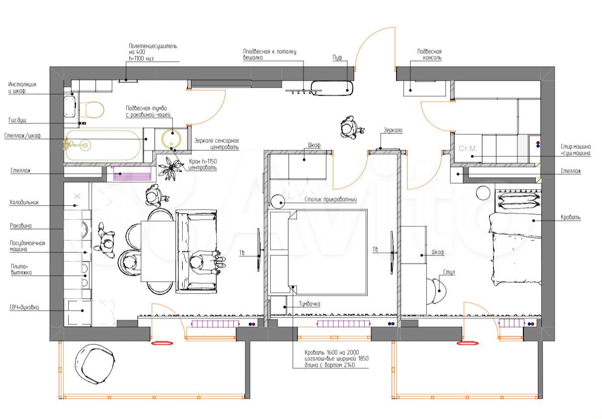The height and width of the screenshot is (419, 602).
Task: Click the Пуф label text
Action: (338, 58)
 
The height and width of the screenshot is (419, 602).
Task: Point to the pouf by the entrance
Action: (332, 88)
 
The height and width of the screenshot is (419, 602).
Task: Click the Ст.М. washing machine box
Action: (468, 148)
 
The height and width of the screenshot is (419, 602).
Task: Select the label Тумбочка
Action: (309, 304)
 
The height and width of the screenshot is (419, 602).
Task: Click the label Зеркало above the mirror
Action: (393, 130)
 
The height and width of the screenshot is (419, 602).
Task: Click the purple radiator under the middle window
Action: (344, 324)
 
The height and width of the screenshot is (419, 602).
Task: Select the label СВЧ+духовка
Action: (24, 307)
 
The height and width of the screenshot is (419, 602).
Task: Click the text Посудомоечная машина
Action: (27, 246)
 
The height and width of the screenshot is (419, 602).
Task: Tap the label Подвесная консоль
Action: (429, 54)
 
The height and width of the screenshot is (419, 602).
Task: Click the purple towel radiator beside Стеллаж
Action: (132, 175)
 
